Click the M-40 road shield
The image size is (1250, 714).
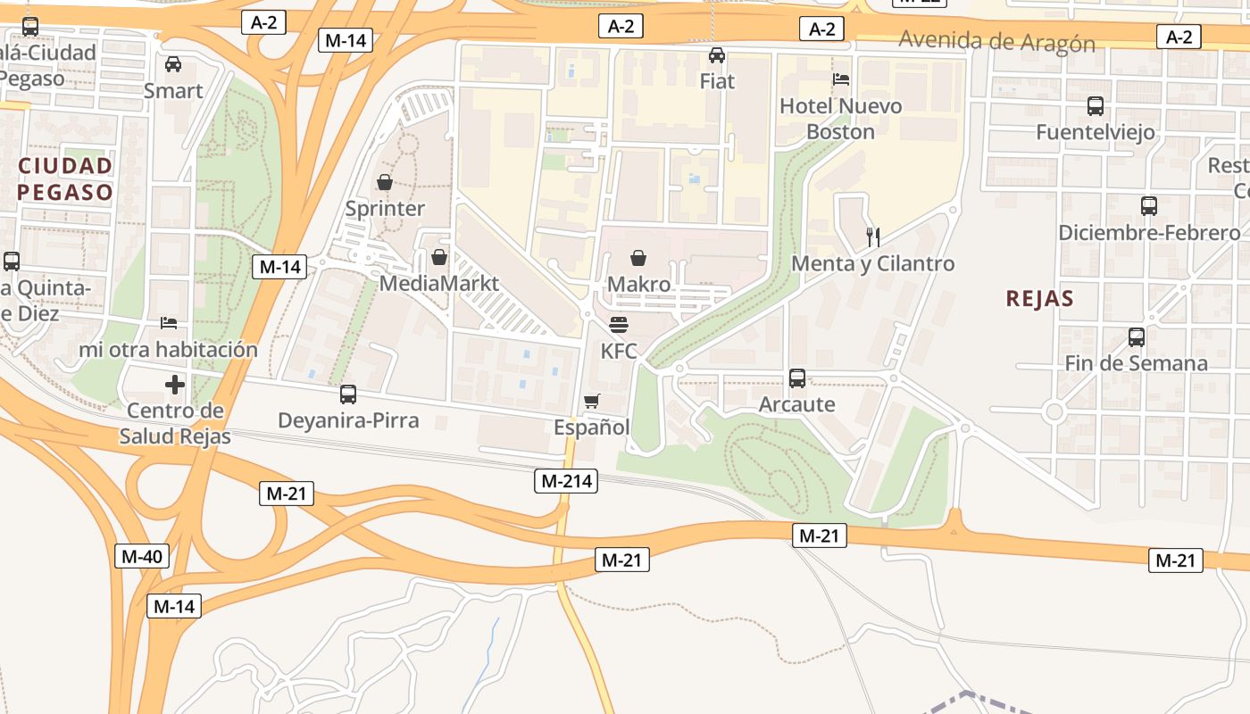tap(142, 556)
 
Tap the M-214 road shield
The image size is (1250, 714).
tap(565, 481)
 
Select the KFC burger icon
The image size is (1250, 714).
tap(619, 325)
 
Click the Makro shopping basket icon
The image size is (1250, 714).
tap(638, 259)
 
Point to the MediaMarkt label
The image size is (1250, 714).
tap(438, 283)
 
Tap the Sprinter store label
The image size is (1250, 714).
tap(385, 208)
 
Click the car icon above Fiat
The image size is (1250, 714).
tap(717, 55)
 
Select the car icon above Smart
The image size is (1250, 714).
tap(173, 64)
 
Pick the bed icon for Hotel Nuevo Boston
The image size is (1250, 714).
tap(840, 79)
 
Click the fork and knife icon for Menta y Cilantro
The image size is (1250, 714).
tap(873, 237)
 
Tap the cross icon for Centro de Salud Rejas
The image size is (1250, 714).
tap(175, 385)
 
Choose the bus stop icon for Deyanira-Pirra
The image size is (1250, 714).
tap(348, 394)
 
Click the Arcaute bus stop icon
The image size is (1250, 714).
tap(797, 378)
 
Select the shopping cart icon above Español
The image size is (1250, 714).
tap(591, 402)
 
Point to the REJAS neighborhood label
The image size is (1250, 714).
tap(1039, 298)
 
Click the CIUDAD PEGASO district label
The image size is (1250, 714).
tap(65, 178)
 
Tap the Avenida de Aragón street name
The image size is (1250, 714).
tap(996, 41)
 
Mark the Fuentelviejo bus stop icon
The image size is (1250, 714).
tap(1096, 106)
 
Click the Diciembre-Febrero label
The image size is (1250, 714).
tap(1149, 233)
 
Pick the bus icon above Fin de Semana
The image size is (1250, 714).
tap(1137, 337)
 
